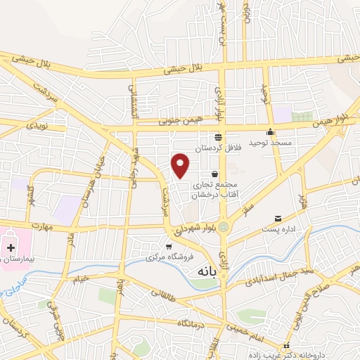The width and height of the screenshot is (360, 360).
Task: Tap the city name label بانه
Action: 207,270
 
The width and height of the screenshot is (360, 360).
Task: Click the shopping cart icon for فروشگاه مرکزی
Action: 169,246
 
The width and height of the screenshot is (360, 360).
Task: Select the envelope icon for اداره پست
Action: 278,219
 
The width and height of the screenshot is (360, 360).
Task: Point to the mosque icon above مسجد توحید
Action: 270,131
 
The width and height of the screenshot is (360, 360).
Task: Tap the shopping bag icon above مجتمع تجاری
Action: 214,174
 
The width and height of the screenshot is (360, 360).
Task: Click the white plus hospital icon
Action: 11,247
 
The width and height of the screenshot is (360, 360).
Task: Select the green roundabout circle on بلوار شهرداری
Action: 224,226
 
